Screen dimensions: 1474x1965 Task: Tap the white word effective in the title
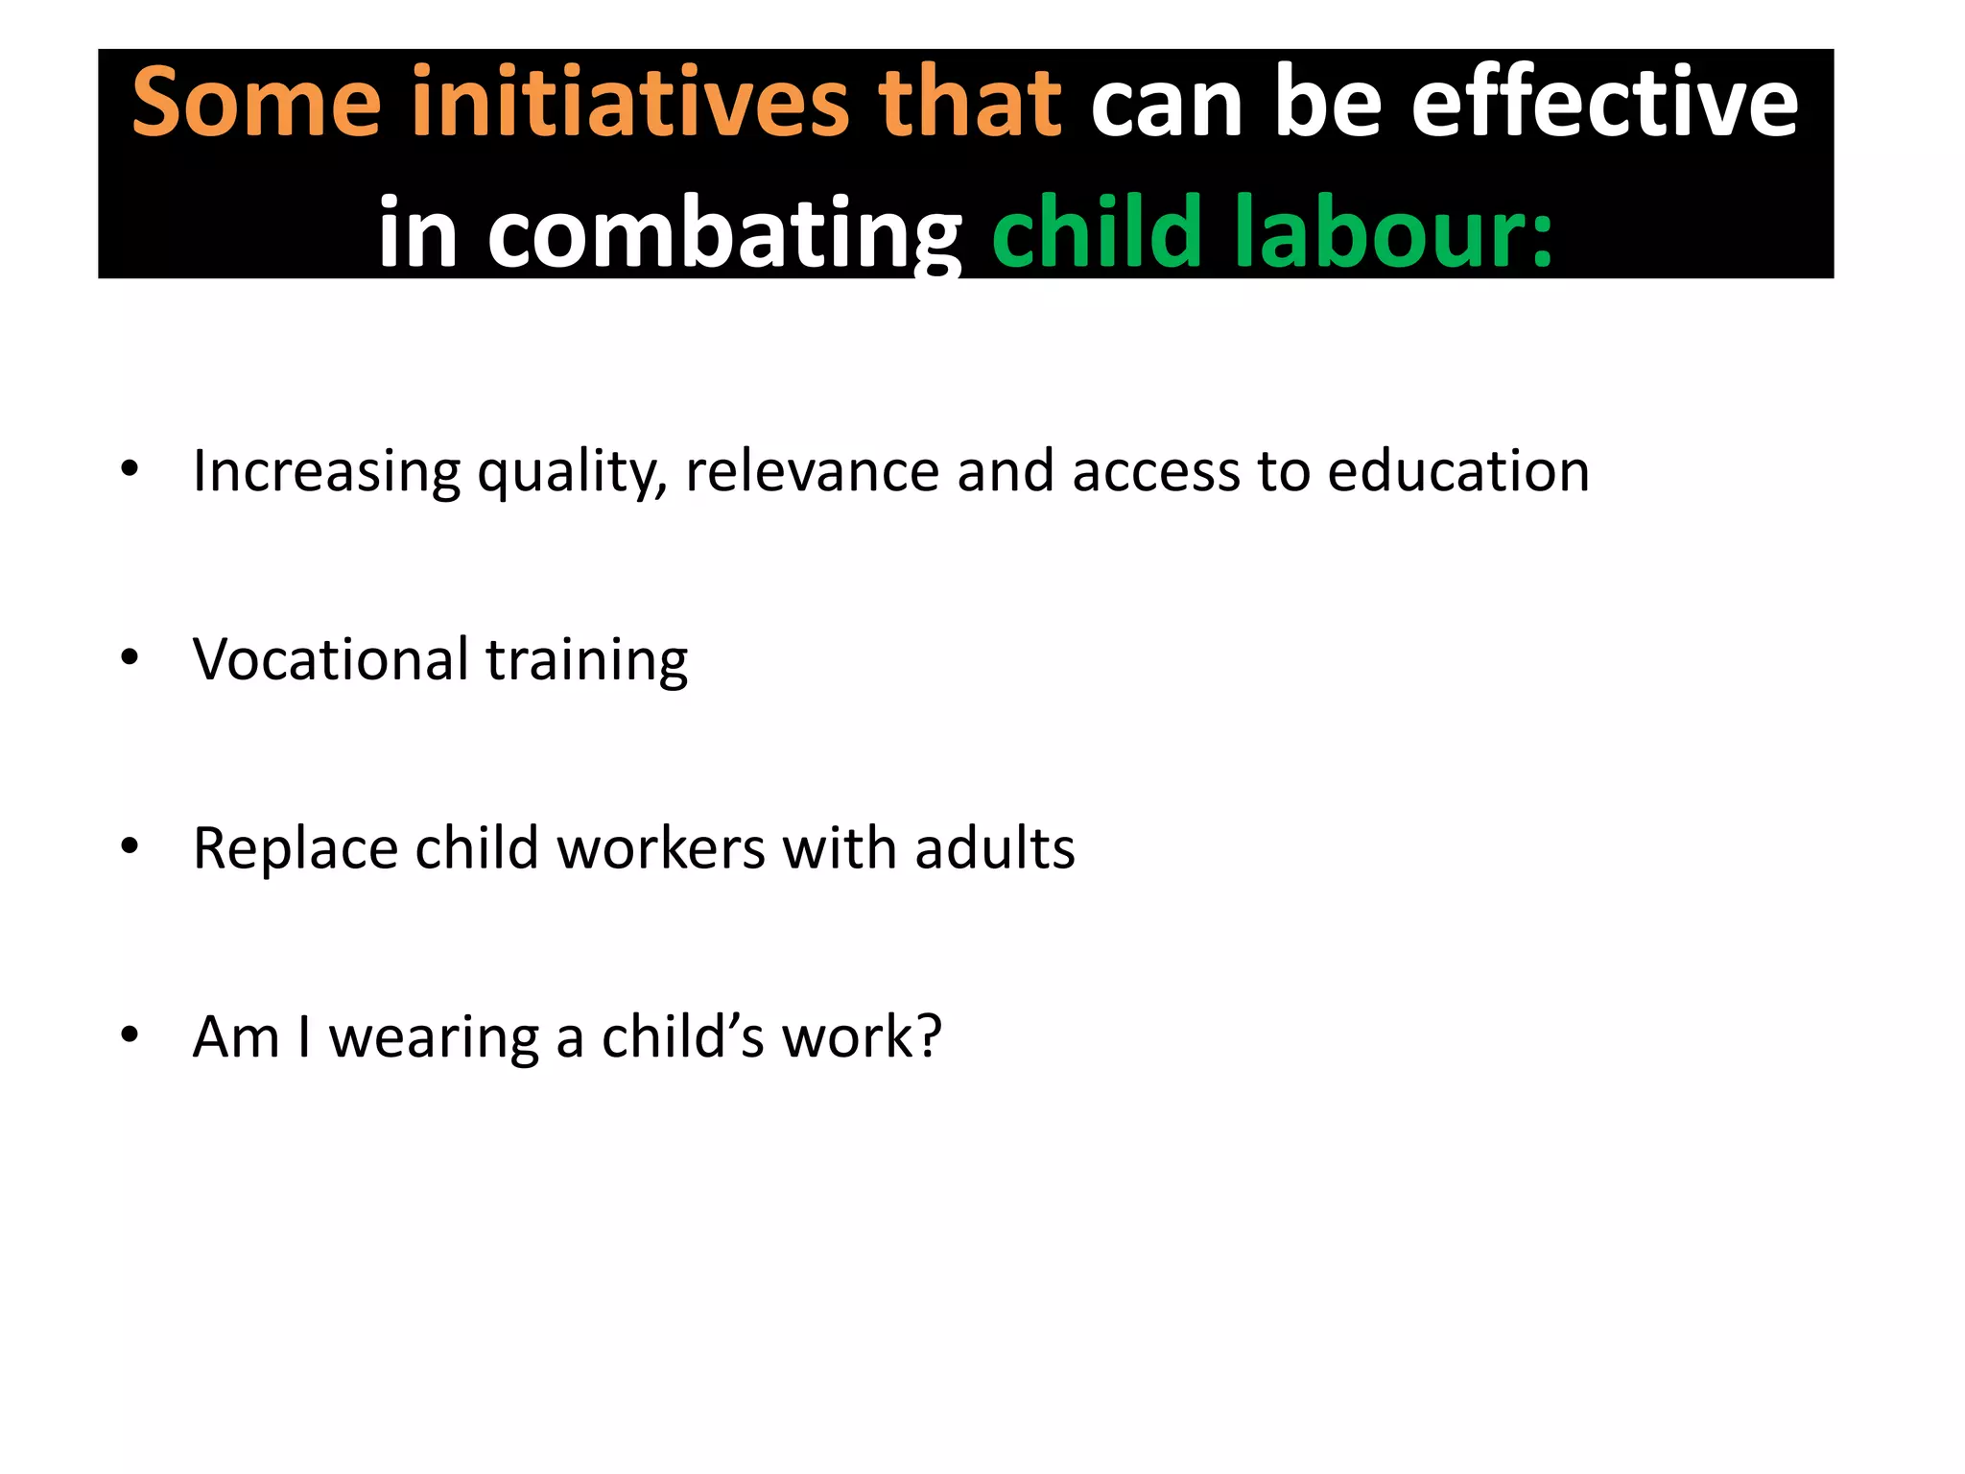tap(1604, 102)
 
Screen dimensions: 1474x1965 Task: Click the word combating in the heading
tap(723, 233)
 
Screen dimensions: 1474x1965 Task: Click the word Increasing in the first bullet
tap(326, 471)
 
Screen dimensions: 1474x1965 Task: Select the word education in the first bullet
tap(1458, 471)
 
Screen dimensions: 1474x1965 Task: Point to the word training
tap(586, 661)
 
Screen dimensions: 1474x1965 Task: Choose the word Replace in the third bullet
tap(295, 849)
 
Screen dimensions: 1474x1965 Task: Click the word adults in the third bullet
tap(994, 848)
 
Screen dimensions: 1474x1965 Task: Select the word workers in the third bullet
tap(661, 848)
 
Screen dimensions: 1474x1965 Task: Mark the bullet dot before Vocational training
tap(130, 658)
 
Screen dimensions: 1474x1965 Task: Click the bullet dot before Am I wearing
tap(130, 1035)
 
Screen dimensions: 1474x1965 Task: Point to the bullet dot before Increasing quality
tap(130, 469)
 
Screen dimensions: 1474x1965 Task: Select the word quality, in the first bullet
tap(572, 471)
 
